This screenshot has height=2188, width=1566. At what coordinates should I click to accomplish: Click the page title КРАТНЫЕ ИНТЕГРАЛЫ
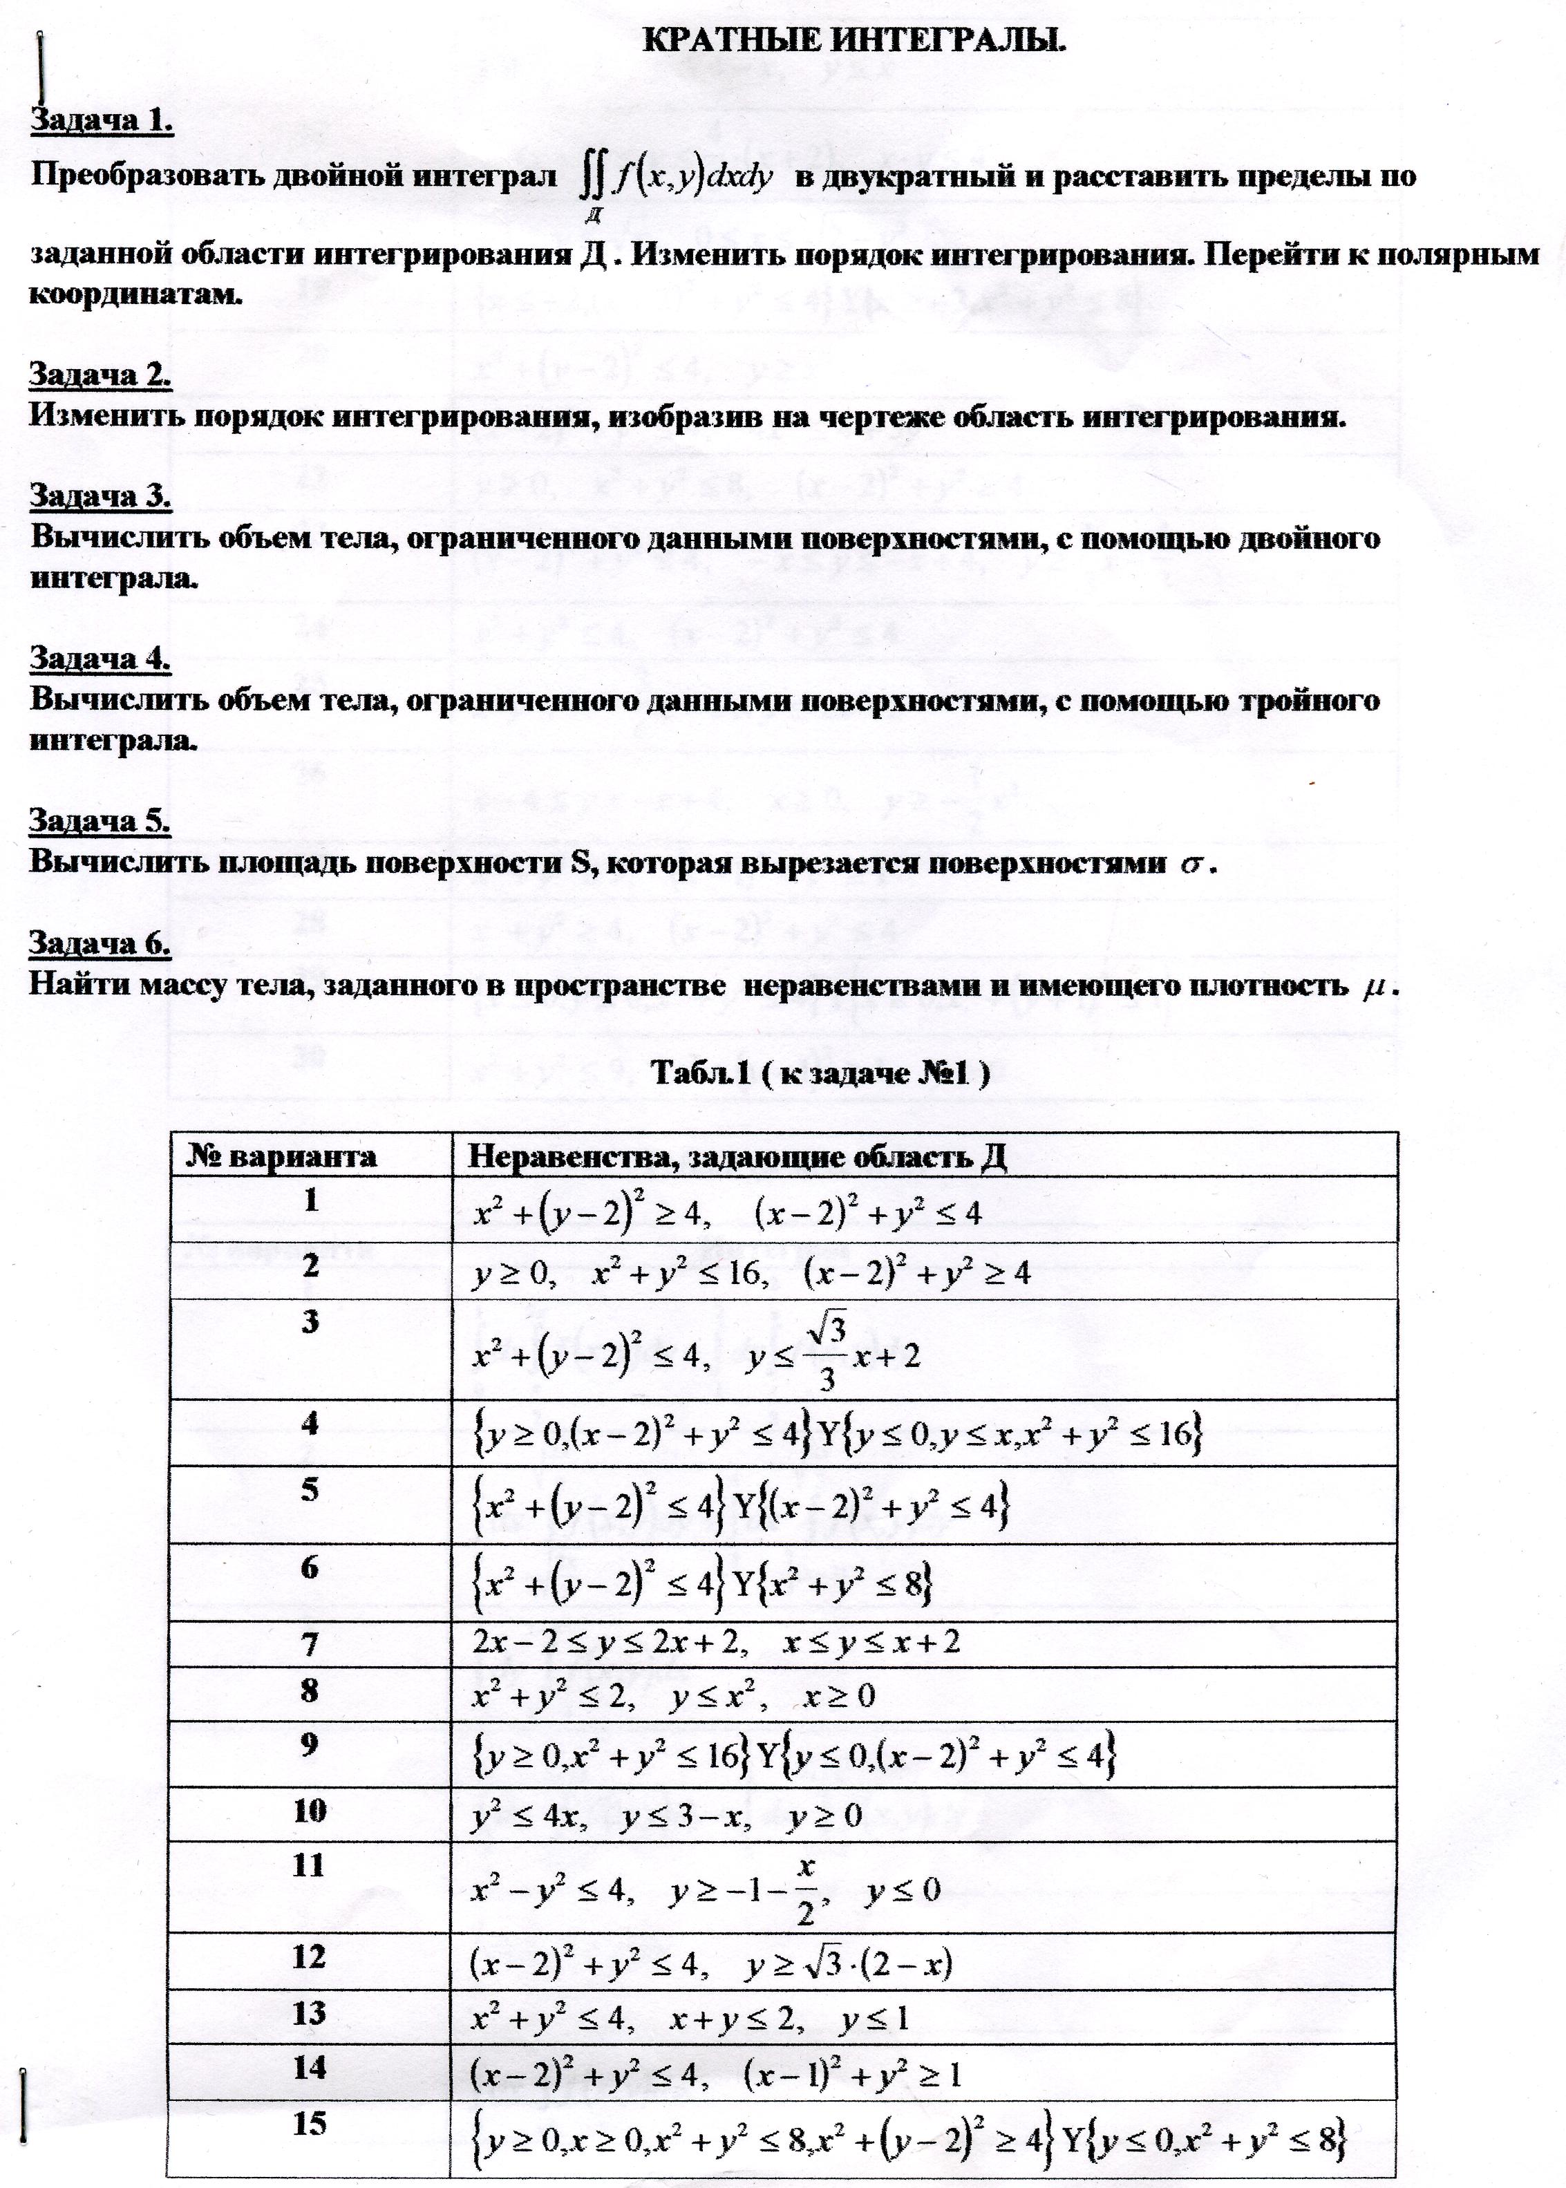coord(853,42)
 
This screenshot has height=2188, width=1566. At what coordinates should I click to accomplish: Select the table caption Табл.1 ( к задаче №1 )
coord(820,1073)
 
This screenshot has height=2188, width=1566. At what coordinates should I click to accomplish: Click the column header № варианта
coord(281,1156)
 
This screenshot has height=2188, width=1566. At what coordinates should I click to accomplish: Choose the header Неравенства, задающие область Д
coord(737,1156)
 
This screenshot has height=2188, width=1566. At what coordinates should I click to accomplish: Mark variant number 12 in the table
coord(310,1956)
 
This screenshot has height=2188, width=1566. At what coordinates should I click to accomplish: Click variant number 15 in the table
coord(310,2122)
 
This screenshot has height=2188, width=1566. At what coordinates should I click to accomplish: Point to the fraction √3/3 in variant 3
coord(827,1355)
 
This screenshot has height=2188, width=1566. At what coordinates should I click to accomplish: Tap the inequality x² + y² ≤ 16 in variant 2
coord(679,1274)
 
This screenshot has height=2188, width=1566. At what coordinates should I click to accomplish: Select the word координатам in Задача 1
coord(133,294)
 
